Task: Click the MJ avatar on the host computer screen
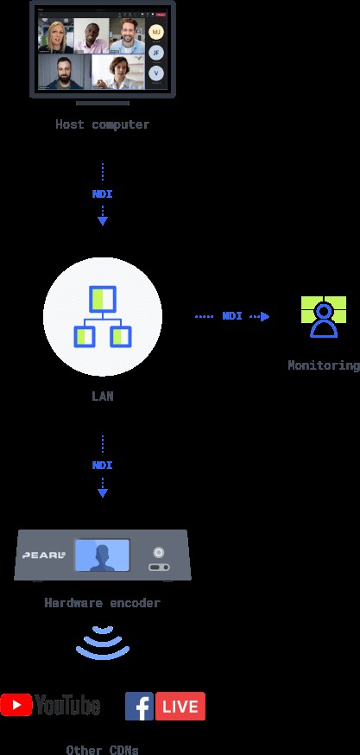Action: point(155,32)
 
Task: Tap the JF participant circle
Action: point(155,53)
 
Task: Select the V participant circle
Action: point(155,73)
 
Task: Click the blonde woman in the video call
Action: point(54,36)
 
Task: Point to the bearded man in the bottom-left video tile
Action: point(64,73)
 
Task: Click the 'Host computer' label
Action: point(102,124)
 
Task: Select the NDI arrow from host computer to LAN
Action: point(102,194)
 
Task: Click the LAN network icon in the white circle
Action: point(103,315)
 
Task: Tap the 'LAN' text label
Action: point(102,397)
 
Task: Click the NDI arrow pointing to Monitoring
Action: point(231,316)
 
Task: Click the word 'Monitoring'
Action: point(323,365)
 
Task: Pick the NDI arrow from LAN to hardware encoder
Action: point(102,466)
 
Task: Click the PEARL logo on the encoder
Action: point(44,555)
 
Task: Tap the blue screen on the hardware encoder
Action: point(102,555)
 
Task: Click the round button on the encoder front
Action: point(158,551)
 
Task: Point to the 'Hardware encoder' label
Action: point(102,603)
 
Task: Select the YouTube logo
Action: point(50,705)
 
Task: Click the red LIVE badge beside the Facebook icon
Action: point(180,706)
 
